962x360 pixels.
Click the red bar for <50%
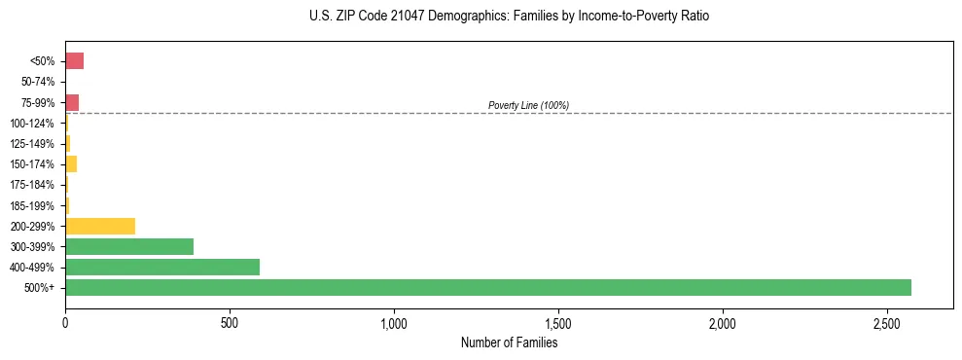point(74,61)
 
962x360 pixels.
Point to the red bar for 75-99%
point(72,102)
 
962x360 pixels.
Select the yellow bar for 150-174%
point(71,164)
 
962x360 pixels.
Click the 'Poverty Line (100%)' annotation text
point(528,105)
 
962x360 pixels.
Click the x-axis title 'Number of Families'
point(509,342)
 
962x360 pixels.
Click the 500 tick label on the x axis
point(230,321)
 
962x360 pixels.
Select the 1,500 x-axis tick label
point(558,321)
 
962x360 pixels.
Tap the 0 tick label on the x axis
point(65,321)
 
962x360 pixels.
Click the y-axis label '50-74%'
point(38,83)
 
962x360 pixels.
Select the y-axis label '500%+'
point(41,288)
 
